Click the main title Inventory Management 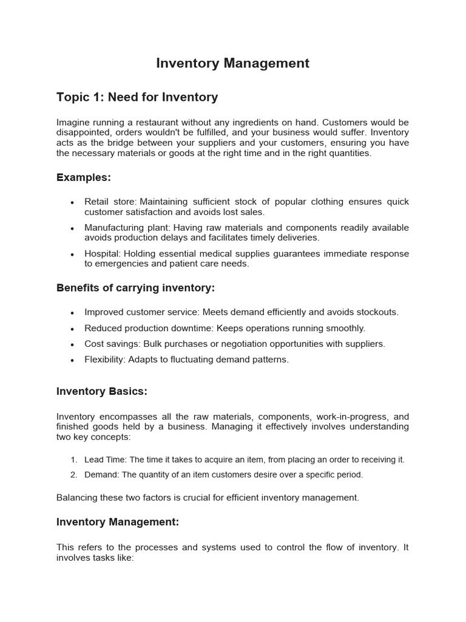(232, 63)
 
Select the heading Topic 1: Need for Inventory (137, 97)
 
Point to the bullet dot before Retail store (72, 202)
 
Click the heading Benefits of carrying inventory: (135, 287)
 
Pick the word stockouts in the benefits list (376, 312)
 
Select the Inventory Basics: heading (101, 392)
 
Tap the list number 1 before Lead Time (73, 460)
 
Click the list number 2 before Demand (73, 475)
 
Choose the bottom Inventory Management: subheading (117, 522)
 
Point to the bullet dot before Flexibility (72, 360)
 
